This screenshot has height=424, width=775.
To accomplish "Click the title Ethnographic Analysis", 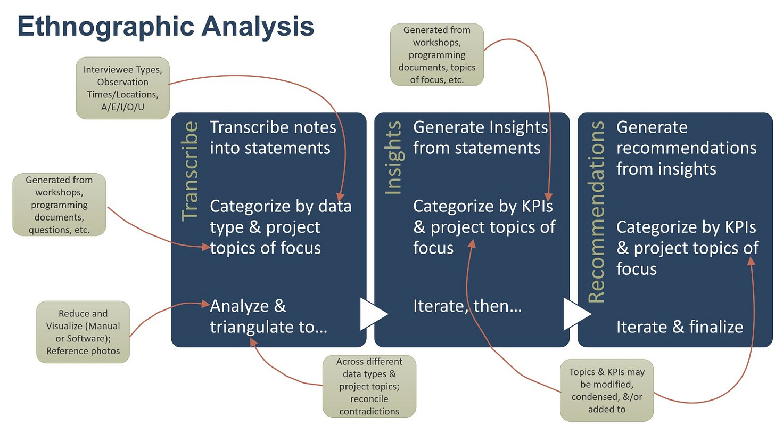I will (166, 27).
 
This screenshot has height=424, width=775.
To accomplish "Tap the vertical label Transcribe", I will (189, 171).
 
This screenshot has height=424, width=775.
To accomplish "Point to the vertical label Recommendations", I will (597, 213).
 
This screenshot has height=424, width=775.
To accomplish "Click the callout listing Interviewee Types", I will (122, 88).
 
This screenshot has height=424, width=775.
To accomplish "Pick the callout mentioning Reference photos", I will (83, 332).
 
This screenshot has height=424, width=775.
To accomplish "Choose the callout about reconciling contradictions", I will (369, 386).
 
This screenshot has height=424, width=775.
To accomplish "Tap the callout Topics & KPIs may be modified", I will (607, 390).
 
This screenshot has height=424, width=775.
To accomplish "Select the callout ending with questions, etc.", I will (60, 205).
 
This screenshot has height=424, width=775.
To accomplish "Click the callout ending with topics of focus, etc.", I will (436, 55).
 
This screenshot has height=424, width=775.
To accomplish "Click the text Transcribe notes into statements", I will (273, 137).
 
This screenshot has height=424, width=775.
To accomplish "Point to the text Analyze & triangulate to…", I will (268, 316).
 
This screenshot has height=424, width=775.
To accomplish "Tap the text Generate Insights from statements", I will (480, 137).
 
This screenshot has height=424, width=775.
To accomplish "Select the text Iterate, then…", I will (467, 306).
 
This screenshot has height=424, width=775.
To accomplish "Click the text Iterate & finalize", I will (679, 327).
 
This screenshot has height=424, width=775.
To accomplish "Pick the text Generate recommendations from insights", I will (686, 148).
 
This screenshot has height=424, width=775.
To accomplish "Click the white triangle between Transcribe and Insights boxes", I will (373, 314).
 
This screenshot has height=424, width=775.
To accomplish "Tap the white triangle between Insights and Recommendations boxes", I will (576, 314).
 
